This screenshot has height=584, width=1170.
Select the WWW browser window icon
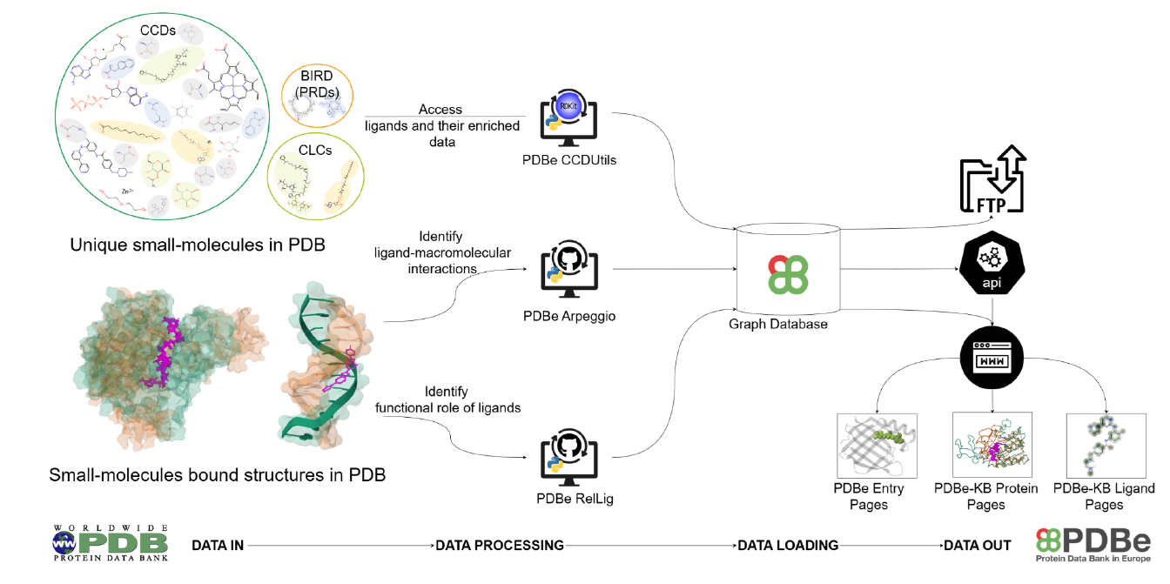click(992, 358)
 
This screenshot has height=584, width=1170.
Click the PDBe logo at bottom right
click(1092, 543)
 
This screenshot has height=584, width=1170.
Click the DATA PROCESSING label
click(500, 546)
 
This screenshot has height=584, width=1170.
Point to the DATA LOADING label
click(788, 546)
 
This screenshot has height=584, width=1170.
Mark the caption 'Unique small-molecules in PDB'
click(198, 245)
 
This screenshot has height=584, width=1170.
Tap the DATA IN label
click(218, 546)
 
